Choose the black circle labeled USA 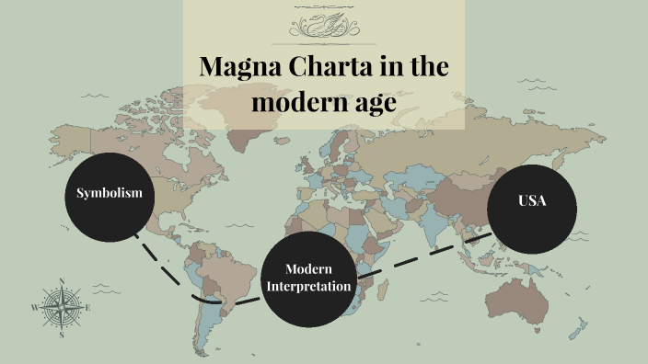click(x=533, y=209)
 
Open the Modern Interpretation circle click(x=307, y=278)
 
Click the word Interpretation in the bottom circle click(x=307, y=287)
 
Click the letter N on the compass click(x=61, y=281)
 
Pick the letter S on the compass click(x=61, y=336)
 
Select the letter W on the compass click(x=35, y=309)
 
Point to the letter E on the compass click(x=87, y=309)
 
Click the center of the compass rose click(x=61, y=309)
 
